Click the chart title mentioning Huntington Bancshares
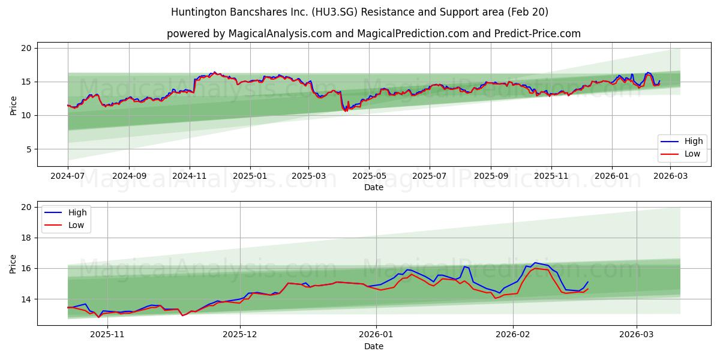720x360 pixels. [x=359, y=12]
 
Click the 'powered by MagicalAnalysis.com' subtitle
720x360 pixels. [x=373, y=34]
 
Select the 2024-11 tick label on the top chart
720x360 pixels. [x=190, y=176]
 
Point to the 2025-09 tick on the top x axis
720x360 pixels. [x=491, y=176]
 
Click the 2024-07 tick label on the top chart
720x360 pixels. [x=68, y=176]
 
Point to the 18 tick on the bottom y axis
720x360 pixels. [x=27, y=238]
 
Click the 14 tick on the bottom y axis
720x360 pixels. [x=27, y=299]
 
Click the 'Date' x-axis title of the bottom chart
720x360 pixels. [x=373, y=346]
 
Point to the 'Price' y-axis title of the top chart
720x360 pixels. [x=13, y=105]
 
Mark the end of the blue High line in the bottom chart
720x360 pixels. [x=588, y=281]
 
